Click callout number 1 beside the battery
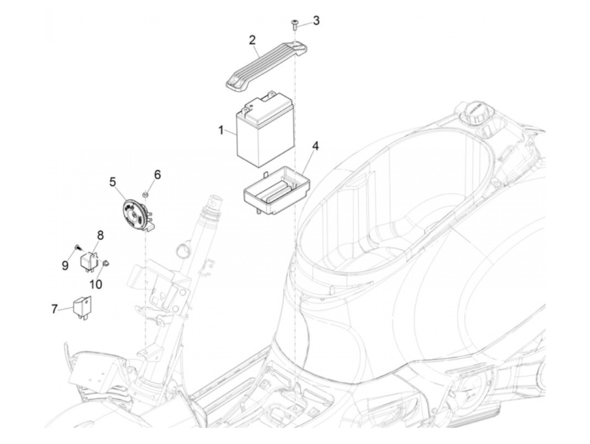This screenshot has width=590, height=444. [221, 130]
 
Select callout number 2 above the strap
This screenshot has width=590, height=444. [252, 41]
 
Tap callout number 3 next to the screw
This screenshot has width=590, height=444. [316, 20]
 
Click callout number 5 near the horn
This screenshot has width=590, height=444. [112, 182]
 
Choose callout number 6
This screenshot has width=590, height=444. [157, 174]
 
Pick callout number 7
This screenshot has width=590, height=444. [54, 309]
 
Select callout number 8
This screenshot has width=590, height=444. [100, 235]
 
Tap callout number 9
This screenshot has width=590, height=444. [65, 265]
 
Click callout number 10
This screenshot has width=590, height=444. [96, 284]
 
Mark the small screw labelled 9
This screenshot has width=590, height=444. [77, 247]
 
